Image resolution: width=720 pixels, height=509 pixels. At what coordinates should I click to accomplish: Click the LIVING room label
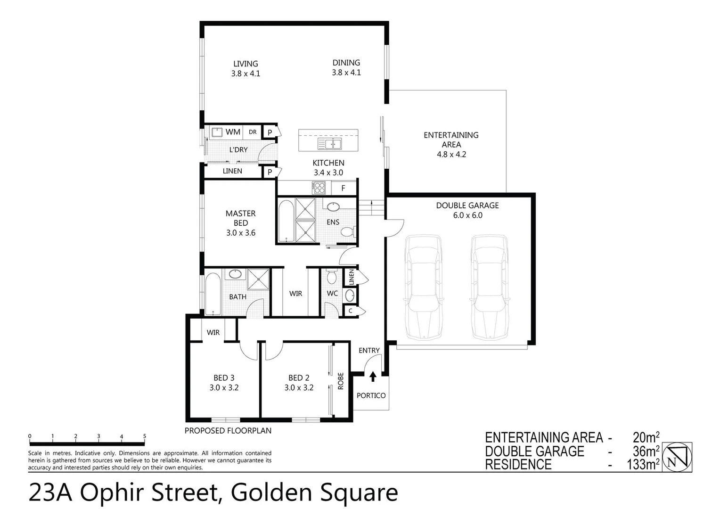point(245,64)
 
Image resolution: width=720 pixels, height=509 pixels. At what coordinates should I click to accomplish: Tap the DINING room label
point(346,63)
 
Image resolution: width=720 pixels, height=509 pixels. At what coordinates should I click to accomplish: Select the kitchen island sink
point(329,143)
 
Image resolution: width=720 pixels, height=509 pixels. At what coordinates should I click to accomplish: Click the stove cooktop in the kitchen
point(319,188)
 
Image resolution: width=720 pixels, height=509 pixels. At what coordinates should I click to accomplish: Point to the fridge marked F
point(343,188)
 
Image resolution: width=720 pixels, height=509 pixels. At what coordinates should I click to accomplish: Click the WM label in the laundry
point(233,132)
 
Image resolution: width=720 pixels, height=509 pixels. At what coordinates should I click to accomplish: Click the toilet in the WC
point(331,277)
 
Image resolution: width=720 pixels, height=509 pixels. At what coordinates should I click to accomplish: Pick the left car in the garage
point(424,287)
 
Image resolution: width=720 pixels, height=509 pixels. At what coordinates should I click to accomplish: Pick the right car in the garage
point(490,287)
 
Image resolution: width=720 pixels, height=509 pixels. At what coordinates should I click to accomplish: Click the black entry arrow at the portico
point(373,377)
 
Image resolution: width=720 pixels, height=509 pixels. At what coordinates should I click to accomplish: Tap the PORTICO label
point(371,395)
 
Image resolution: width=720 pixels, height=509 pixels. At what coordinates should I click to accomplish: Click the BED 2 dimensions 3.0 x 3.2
point(299,388)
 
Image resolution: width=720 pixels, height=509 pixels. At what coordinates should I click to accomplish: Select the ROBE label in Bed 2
point(341,381)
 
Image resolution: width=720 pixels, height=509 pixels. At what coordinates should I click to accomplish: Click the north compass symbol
point(677,457)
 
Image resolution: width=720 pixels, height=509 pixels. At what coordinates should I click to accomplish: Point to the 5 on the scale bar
point(145,436)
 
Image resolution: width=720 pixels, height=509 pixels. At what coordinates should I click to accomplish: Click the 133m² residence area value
point(643,465)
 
